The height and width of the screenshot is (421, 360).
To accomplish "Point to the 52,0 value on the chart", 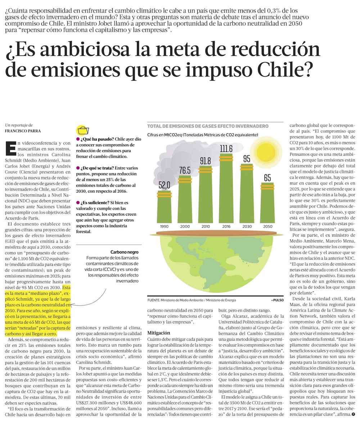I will point(164,185).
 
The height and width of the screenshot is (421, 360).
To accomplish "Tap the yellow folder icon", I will point(83,130).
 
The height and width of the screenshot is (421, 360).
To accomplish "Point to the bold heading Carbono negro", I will point(124,252).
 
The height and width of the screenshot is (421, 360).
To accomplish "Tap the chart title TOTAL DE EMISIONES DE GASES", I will point(208,126).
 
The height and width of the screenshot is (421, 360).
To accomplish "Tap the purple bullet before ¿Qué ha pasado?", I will point(77,139).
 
